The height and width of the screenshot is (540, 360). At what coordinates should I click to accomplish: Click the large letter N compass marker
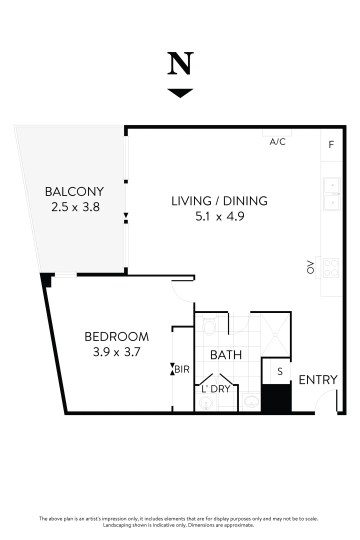click(x=180, y=64)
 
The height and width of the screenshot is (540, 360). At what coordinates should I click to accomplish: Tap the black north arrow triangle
click(x=180, y=93)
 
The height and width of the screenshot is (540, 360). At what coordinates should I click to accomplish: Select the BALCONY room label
click(x=74, y=191)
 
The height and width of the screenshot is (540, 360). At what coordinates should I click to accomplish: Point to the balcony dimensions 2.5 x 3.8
click(x=75, y=206)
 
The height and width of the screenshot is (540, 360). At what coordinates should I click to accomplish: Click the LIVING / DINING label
click(x=219, y=201)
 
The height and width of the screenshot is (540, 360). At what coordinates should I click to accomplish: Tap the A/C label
click(x=277, y=142)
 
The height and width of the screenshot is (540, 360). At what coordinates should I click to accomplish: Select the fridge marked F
click(x=331, y=145)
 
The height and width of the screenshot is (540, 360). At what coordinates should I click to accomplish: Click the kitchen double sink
click(x=331, y=193)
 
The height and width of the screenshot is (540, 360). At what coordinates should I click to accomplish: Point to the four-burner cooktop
click(x=331, y=267)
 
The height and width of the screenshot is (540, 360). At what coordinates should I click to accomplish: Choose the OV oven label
click(x=310, y=267)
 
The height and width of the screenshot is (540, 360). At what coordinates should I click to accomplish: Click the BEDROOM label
click(x=116, y=336)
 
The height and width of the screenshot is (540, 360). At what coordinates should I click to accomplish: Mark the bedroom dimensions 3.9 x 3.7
click(x=116, y=352)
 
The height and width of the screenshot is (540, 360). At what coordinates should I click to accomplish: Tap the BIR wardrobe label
click(x=182, y=370)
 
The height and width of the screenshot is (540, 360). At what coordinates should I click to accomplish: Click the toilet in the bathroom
click(x=209, y=326)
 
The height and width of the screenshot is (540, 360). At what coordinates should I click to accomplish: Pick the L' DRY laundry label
click(x=215, y=389)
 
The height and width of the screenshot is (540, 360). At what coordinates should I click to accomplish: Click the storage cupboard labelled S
click(x=279, y=371)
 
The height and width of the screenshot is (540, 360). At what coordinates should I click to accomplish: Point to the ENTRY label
click(x=318, y=380)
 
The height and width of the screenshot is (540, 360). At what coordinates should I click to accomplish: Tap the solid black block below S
click(x=276, y=398)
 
